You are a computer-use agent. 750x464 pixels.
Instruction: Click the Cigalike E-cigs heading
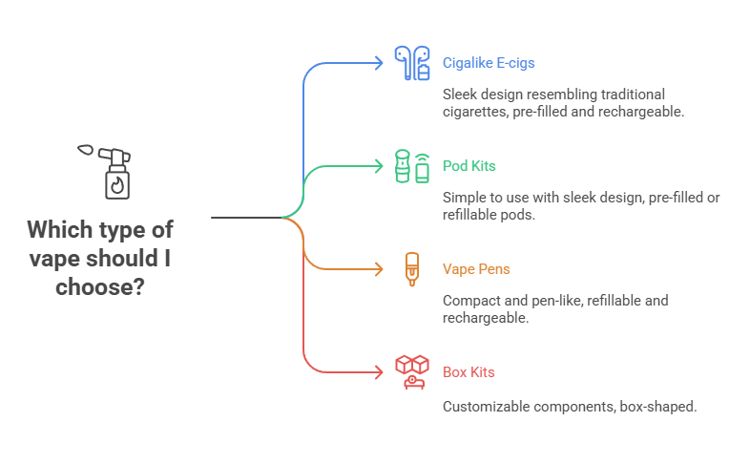click(489, 63)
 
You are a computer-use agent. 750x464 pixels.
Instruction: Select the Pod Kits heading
click(469, 166)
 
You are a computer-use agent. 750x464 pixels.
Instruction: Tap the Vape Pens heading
click(476, 269)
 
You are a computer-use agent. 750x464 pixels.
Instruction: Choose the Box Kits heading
click(469, 371)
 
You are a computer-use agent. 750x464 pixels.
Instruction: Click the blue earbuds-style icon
click(412, 63)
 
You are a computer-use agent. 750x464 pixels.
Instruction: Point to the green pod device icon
click(412, 166)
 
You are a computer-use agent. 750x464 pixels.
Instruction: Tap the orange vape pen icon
click(411, 269)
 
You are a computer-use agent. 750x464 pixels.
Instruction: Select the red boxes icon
click(412, 371)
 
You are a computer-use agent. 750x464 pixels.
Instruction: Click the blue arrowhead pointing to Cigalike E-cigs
click(381, 63)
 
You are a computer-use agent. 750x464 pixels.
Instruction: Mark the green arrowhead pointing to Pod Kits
click(381, 166)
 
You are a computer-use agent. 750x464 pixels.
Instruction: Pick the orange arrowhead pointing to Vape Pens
click(381, 269)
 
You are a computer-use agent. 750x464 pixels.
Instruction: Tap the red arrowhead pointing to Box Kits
click(381, 372)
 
